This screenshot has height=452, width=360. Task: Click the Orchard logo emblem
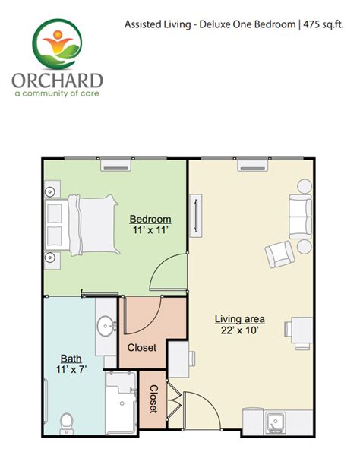(58, 44)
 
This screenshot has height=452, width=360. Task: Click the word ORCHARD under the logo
(58, 81)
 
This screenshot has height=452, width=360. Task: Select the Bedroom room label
(150, 219)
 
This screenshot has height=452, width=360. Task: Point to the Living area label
(240, 319)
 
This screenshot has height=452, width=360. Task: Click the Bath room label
(71, 359)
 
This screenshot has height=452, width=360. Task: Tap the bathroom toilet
(67, 424)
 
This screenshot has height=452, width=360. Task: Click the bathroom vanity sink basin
(106, 327)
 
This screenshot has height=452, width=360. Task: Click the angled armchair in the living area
(279, 254)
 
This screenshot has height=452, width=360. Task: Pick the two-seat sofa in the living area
(300, 217)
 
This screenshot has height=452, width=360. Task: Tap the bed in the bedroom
(82, 225)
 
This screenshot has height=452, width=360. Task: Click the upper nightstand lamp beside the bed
(50, 191)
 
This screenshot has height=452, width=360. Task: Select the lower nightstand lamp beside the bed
(50, 257)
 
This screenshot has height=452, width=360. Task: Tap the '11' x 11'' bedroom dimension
(150, 230)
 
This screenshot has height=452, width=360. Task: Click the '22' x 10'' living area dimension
(239, 330)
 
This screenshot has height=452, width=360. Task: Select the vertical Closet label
(153, 399)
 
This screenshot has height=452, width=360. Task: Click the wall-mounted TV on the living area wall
(196, 216)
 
